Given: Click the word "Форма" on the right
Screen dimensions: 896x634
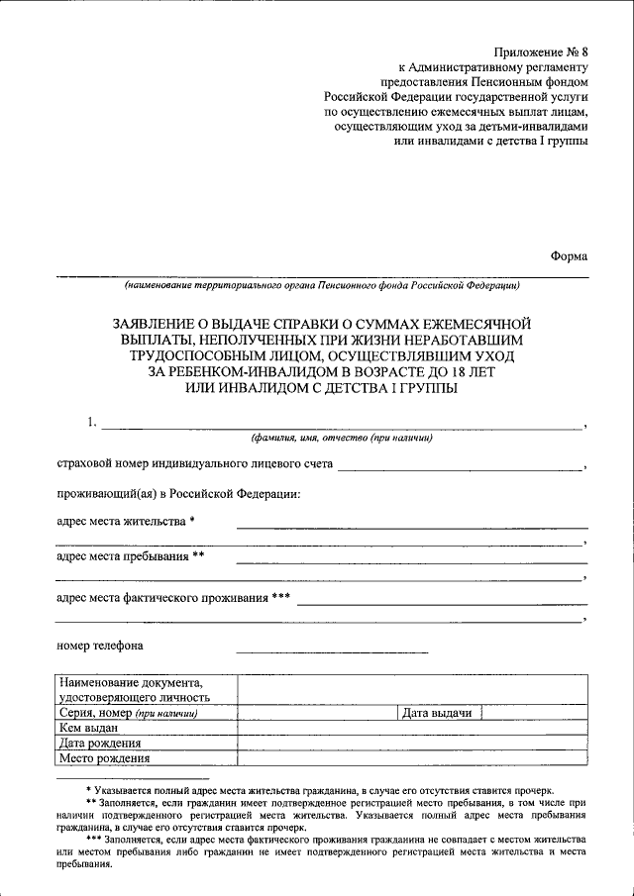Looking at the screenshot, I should click(x=569, y=254).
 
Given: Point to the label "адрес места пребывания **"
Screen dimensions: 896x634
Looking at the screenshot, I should click(x=130, y=556).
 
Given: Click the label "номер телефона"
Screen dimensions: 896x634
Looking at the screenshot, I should click(x=100, y=647).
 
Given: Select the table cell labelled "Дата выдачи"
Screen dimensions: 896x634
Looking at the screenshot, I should click(x=437, y=713).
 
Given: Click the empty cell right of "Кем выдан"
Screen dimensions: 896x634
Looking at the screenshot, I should click(x=411, y=728).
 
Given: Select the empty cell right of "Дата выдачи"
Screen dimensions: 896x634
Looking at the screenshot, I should click(x=535, y=713).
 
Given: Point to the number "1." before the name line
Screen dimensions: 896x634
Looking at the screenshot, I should click(x=92, y=423).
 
